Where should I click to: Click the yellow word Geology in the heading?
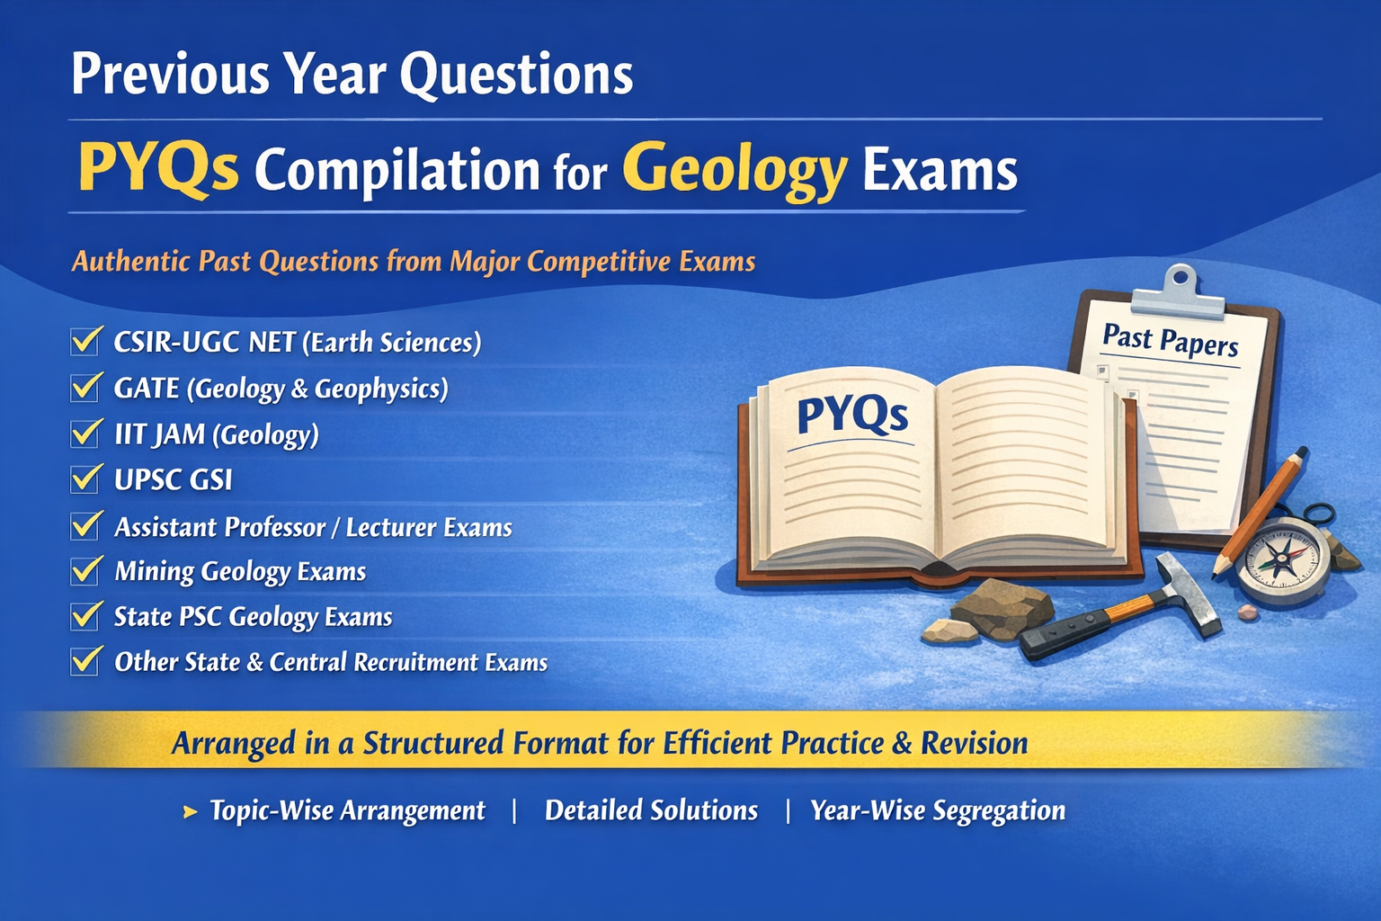(x=735, y=171)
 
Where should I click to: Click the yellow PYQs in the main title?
(x=158, y=168)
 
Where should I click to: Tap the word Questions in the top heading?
(x=516, y=74)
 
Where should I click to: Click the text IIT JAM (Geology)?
(x=217, y=435)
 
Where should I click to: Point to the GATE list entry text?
(x=281, y=389)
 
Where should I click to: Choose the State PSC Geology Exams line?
(x=253, y=617)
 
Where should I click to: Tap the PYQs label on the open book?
(x=852, y=415)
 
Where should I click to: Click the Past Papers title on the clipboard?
(x=1170, y=341)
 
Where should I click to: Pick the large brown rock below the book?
(x=1002, y=607)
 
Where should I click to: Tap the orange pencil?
(x=1259, y=512)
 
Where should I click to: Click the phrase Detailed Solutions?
(x=651, y=810)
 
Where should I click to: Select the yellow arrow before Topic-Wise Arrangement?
(x=191, y=812)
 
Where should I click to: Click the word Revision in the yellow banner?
(x=974, y=743)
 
